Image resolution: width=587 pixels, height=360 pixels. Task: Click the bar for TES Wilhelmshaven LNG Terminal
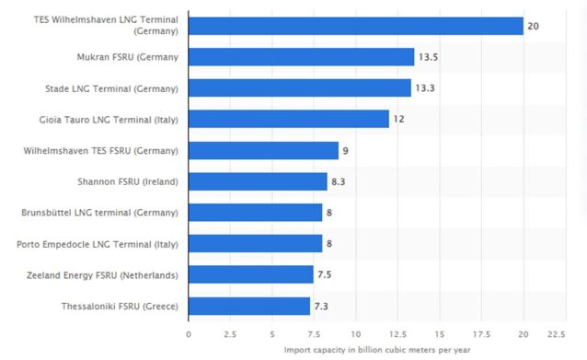[x=355, y=26]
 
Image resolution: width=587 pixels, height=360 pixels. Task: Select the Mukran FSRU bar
[x=301, y=57]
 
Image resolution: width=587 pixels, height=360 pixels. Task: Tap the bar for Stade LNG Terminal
[x=299, y=87]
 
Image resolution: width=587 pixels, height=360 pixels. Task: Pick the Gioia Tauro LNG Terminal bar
[x=288, y=119]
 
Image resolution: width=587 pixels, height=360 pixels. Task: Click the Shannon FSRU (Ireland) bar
[x=258, y=181]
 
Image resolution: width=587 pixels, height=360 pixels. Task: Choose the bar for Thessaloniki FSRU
[x=249, y=306]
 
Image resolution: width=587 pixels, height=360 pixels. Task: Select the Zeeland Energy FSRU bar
[x=251, y=274]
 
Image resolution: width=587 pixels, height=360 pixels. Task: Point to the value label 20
[x=533, y=26]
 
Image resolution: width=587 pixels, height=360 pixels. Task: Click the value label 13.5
[x=429, y=57]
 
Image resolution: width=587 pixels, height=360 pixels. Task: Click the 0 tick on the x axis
[x=189, y=333]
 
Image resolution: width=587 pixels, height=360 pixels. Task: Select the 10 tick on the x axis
[x=355, y=333]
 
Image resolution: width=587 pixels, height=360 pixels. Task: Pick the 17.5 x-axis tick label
[x=481, y=333]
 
